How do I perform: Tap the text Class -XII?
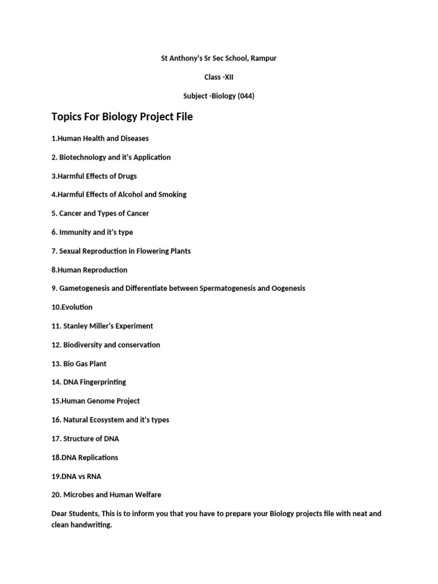(219, 77)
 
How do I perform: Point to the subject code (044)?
(246, 96)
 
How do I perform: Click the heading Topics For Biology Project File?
(122, 117)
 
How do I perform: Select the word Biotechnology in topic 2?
(83, 157)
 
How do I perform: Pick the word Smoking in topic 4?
(172, 194)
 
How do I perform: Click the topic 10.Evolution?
(72, 307)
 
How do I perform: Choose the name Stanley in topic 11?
(76, 326)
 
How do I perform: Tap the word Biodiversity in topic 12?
(83, 344)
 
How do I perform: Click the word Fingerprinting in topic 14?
(103, 382)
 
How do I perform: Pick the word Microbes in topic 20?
(78, 494)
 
